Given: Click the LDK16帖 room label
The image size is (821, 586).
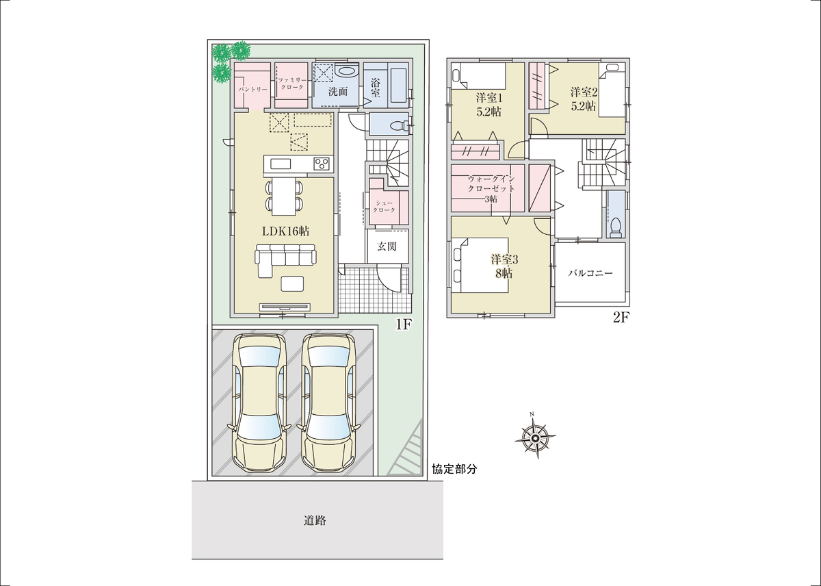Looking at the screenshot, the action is (285, 231).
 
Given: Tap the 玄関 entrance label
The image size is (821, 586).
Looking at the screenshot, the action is (387, 246).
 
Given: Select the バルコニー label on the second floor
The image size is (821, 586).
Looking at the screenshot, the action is (590, 273).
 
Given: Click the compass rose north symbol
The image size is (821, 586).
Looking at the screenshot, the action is (535, 436).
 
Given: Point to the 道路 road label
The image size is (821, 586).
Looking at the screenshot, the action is (315, 521).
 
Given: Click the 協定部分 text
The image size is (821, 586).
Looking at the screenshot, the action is (454, 469).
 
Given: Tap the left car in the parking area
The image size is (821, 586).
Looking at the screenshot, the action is (259, 403).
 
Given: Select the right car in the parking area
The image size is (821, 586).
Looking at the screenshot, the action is (328, 403).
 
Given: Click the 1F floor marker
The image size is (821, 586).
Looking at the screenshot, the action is (404, 324).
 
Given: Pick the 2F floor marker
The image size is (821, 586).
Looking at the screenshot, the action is (621, 317).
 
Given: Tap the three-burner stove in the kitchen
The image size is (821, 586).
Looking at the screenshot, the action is (321, 164).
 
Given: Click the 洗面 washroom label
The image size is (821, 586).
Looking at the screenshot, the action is (338, 91).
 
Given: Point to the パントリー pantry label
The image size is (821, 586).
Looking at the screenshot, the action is (253, 90).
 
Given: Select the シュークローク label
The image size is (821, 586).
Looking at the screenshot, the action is (384, 207).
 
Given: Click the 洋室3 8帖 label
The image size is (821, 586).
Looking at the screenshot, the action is (504, 266).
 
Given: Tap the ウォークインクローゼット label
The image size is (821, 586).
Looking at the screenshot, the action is (491, 189).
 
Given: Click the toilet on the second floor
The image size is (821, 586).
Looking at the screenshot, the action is (616, 227).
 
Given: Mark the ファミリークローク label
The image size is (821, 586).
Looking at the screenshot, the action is (291, 84).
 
